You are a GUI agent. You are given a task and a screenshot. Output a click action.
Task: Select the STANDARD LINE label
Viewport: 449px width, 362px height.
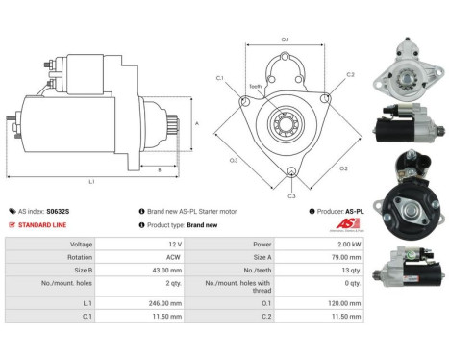(47, 224)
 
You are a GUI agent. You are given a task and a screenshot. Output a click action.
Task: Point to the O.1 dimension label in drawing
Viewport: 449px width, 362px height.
(285, 39)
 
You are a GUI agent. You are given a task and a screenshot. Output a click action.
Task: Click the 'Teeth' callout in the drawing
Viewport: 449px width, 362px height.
(256, 86)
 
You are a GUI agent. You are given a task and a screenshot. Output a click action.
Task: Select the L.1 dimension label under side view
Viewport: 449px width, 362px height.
(91, 182)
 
